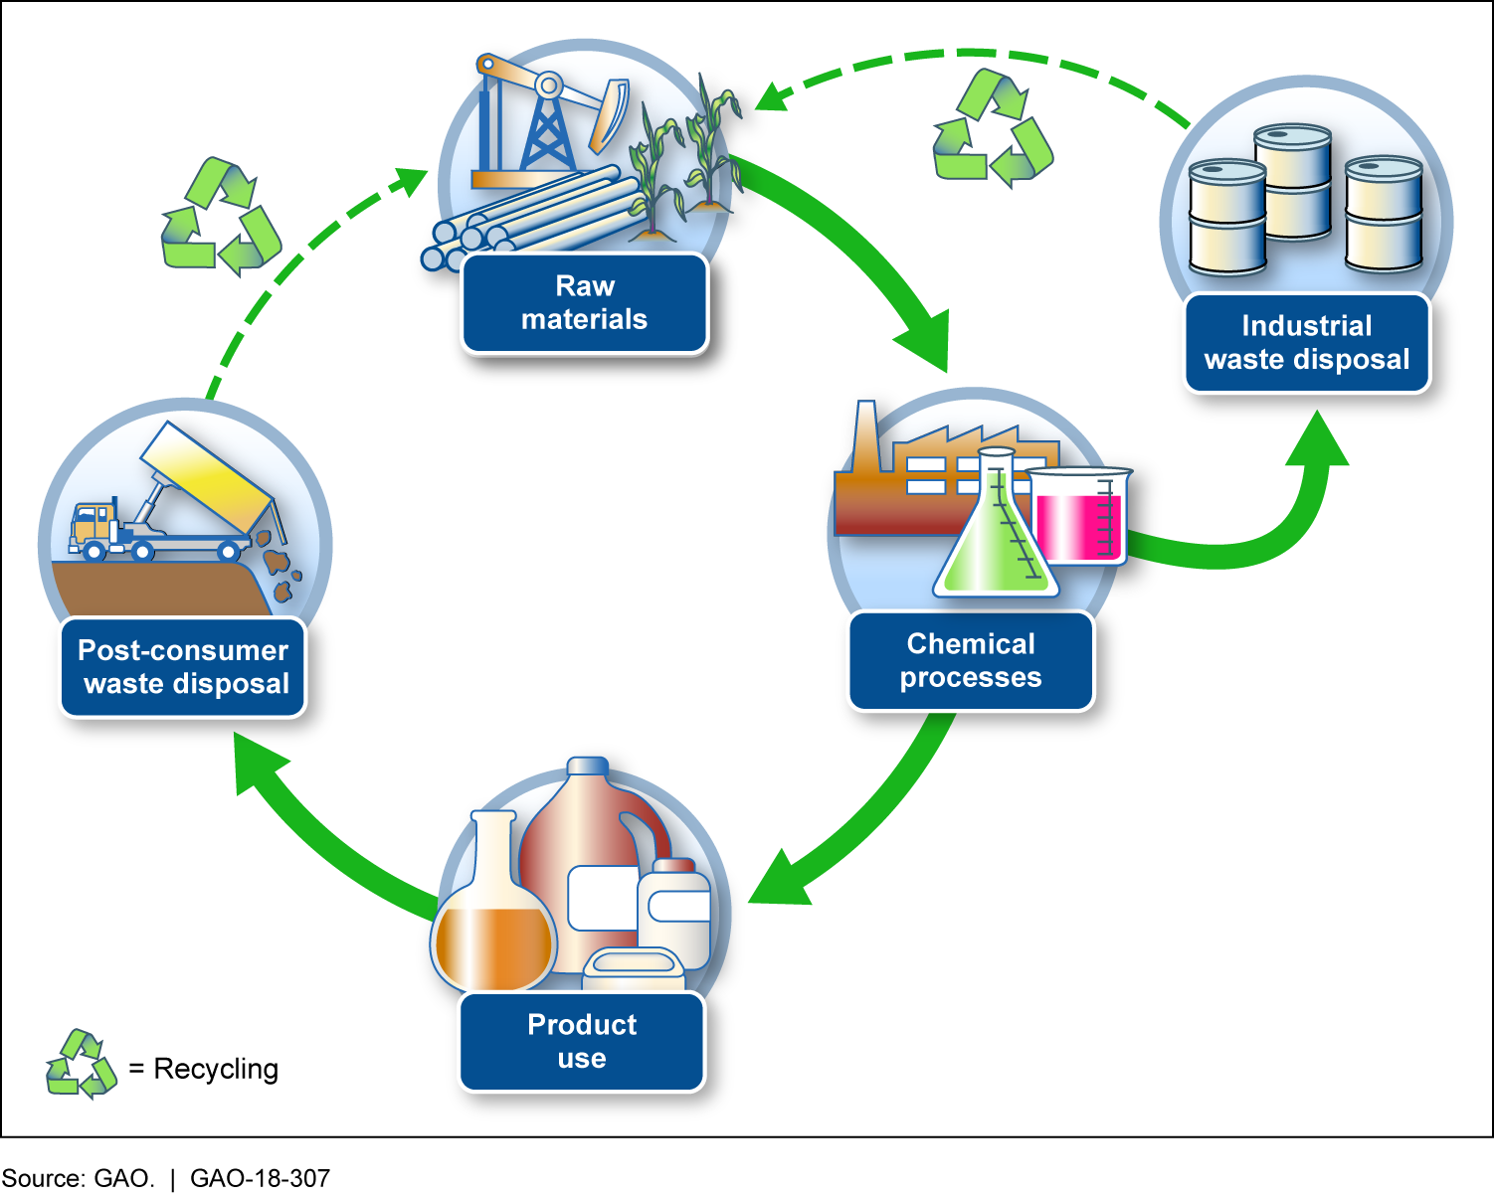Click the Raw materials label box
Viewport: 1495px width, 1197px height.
pos(585,303)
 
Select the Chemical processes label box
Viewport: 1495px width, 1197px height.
pos(971,661)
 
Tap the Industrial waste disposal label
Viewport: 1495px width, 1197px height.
pos(1307,343)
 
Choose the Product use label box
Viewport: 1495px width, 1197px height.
pos(582,1042)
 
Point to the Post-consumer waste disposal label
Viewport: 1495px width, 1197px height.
pos(183,667)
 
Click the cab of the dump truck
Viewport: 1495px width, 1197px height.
pos(93,524)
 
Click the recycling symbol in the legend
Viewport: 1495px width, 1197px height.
pos(82,1065)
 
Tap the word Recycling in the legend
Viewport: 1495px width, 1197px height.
pos(216,1069)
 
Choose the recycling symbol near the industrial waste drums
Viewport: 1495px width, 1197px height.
pos(992,128)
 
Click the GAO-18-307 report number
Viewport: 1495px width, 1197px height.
pos(260,1179)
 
